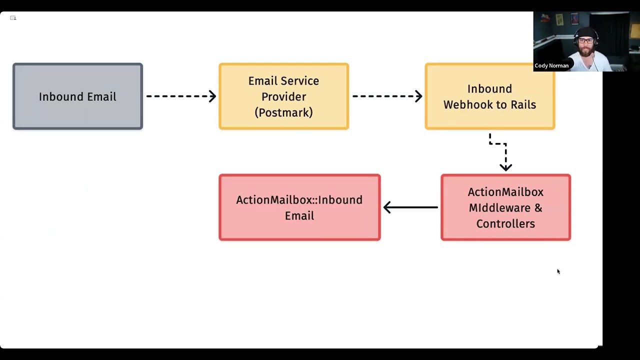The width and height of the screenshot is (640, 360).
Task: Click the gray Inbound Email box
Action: point(77,96)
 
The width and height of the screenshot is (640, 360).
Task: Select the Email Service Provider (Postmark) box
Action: point(283,96)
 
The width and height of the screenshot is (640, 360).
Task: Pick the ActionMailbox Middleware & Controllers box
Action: point(505,207)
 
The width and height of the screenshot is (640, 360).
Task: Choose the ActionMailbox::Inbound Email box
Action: point(299,207)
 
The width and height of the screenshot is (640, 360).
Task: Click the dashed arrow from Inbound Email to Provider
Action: point(181,96)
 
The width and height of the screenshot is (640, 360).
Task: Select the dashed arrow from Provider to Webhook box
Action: point(387,96)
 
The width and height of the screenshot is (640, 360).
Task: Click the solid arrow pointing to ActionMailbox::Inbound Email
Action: point(410,207)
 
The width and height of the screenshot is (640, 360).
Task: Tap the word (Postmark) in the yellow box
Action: point(283,112)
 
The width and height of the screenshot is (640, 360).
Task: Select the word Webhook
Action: point(468,104)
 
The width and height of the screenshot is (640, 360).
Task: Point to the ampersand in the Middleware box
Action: point(538,207)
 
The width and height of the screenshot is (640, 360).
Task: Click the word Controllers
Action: point(505,223)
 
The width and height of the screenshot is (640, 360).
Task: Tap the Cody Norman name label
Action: point(551,65)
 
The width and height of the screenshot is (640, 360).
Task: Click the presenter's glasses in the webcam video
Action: point(585,41)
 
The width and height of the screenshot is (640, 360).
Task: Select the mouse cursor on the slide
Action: point(558,271)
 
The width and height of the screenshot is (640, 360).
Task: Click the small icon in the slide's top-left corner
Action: point(13,18)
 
